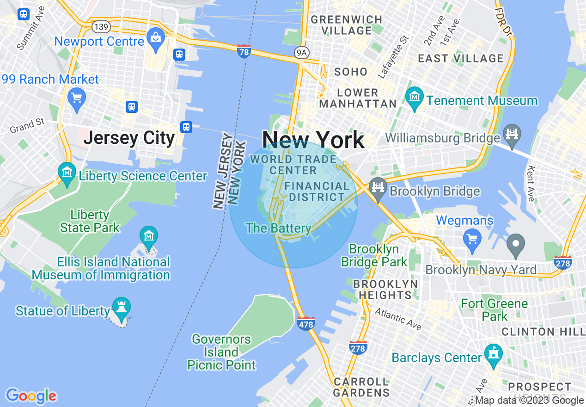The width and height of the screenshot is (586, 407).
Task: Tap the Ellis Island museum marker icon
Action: (x=149, y=236)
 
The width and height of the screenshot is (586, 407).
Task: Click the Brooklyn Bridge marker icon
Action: (x=378, y=187)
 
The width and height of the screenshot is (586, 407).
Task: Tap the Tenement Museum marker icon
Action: (x=415, y=97)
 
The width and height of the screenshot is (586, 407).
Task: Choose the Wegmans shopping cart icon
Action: (x=472, y=239)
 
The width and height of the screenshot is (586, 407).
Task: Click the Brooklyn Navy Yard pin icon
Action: (x=516, y=243)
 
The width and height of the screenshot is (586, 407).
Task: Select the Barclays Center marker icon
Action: (x=494, y=354)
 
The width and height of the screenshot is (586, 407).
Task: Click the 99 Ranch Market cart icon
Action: (x=77, y=99)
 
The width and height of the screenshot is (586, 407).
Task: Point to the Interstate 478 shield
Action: (x=306, y=324)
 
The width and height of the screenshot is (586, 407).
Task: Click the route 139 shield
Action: (x=101, y=27)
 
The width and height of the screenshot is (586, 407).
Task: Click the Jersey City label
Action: (x=129, y=138)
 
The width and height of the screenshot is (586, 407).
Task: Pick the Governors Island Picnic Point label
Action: (x=221, y=352)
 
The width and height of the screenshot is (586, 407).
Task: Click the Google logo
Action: (x=31, y=396)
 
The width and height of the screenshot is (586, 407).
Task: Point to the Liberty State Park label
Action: (x=90, y=222)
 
